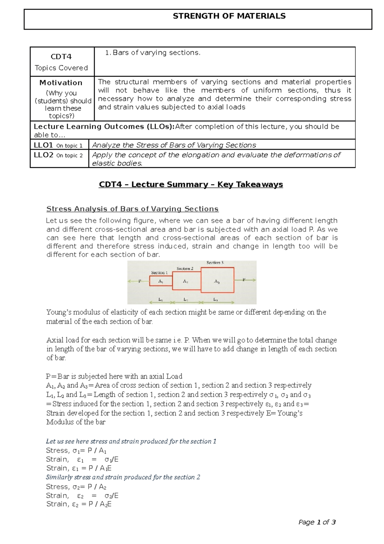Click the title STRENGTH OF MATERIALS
point(229,16)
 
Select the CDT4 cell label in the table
point(61,57)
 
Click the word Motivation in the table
point(61,83)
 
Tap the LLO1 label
point(43,145)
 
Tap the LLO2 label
point(43,155)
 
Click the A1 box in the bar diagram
point(161,281)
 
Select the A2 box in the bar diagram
point(186,281)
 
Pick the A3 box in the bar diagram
point(217,281)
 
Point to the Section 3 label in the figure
point(215,263)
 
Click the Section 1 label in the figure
point(159,273)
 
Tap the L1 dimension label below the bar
point(161,300)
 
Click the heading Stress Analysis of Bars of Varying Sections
point(132,209)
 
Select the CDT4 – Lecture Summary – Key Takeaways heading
point(191,185)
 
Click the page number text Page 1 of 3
point(317,522)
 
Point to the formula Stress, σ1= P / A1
point(76,451)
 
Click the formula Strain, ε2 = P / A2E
point(79,504)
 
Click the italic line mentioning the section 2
point(123,477)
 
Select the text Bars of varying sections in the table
point(156,53)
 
